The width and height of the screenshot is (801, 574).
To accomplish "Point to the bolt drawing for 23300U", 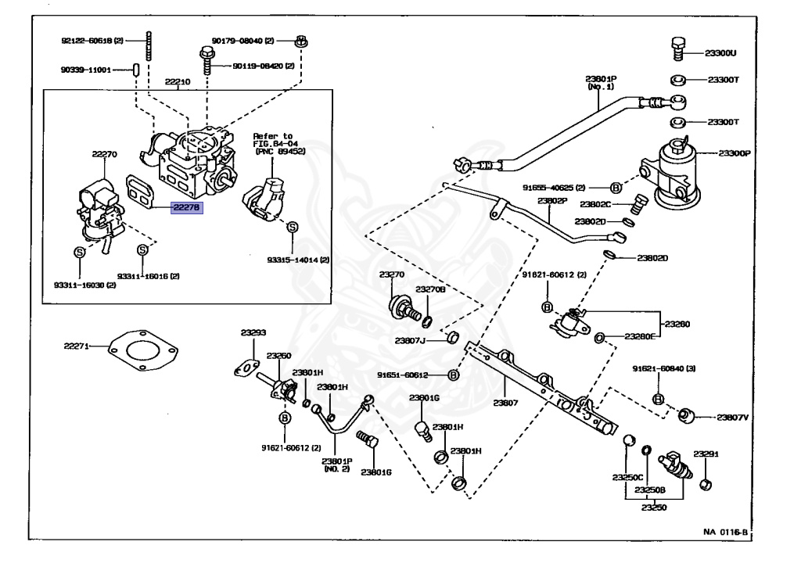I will pos(679,48).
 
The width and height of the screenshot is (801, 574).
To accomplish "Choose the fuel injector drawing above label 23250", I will pos(675,465).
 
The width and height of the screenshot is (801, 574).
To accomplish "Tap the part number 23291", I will pos(706,454).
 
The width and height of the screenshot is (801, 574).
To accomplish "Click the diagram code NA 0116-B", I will pos(725,532).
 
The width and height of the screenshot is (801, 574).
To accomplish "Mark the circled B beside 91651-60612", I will pos(453,375).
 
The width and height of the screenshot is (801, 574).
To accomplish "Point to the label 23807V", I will pos(733,418).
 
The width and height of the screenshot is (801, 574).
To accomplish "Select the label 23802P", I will pos(551,201).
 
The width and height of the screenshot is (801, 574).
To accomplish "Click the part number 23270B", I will pos(430,289).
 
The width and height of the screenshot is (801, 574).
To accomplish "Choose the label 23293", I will pos(253,332).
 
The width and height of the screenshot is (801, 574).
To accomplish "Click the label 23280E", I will pos(641,337).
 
